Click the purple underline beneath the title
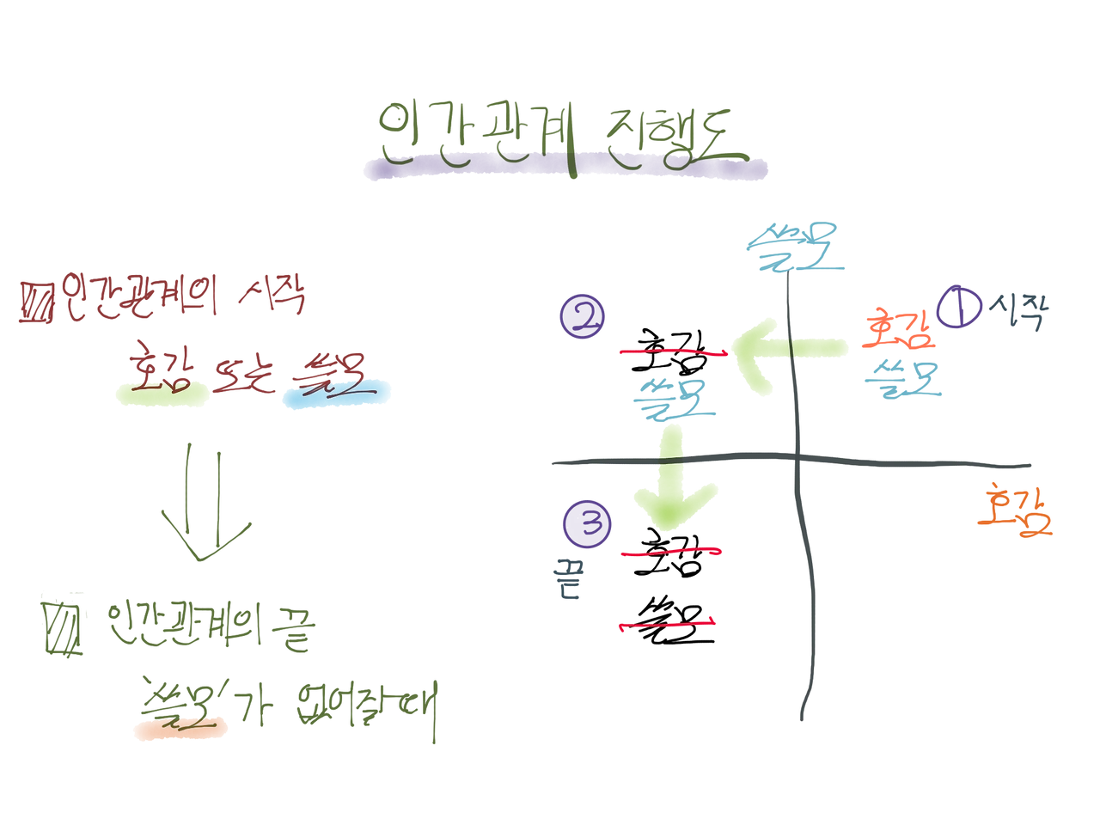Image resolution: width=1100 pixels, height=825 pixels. pyautogui.click(x=563, y=172)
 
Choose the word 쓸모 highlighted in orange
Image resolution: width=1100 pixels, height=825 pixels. pyautogui.click(x=180, y=720)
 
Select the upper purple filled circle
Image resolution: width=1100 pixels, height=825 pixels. pyautogui.click(x=584, y=316)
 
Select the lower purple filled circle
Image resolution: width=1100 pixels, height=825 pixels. pyautogui.click(x=585, y=522)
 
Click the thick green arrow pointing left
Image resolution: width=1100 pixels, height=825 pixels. pyautogui.click(x=773, y=352)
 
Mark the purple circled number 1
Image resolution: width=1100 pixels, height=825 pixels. pyautogui.click(x=957, y=308)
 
